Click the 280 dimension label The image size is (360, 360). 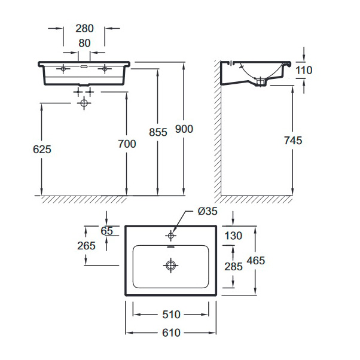pos(84,29)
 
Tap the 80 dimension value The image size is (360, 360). pos(84,43)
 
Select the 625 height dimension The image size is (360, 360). pos(42,150)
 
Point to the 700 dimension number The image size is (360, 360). pos(127,144)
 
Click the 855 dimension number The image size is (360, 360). pos(158,132)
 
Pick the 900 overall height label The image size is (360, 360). pos(184,129)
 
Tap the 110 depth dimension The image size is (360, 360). pos(304,70)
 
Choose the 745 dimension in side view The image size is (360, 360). pos(293,141)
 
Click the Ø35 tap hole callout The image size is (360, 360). pos(208,211)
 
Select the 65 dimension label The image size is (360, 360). pos(107,231)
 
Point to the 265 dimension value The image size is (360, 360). pos(86,246)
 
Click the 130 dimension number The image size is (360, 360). pos(233,236)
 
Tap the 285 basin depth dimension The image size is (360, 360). pos(233,267)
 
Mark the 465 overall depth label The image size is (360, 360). pos(256,261)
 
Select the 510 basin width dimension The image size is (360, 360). pos(171,315)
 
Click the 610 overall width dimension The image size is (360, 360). pos(171,332)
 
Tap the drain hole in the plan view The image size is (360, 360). pos(170,266)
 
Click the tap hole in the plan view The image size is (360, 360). pos(170,236)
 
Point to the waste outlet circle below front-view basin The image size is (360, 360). pos(84,103)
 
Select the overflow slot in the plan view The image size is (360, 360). pos(171,247)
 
